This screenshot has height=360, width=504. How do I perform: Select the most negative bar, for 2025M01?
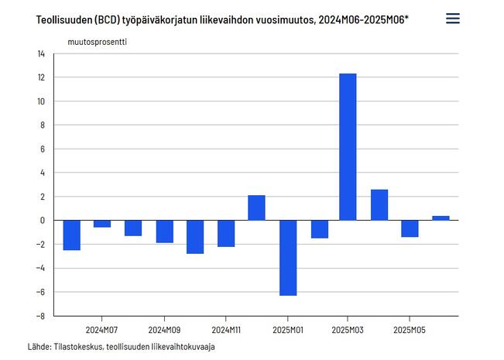tap(287, 257)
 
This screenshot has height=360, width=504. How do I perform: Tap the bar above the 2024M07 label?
tap(102, 224)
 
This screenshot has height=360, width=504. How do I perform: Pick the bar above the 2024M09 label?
tap(164, 231)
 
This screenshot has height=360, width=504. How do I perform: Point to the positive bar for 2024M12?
tap(256, 207)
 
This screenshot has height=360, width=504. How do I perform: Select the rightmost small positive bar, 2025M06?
tap(441, 218)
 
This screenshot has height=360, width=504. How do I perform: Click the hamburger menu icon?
tap(453, 19)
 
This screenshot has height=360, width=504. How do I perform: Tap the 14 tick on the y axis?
tap(40, 53)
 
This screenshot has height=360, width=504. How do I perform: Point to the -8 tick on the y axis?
tap(40, 316)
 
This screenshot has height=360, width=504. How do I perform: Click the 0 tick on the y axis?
tap(43, 221)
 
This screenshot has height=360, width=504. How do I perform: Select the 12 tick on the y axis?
tap(40, 77)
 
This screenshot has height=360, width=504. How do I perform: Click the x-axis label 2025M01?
tap(287, 330)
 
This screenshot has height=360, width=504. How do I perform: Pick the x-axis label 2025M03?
tap(348, 330)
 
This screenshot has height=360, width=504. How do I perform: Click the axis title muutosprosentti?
tap(97, 42)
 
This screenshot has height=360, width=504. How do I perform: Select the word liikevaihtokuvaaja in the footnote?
tap(180, 346)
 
